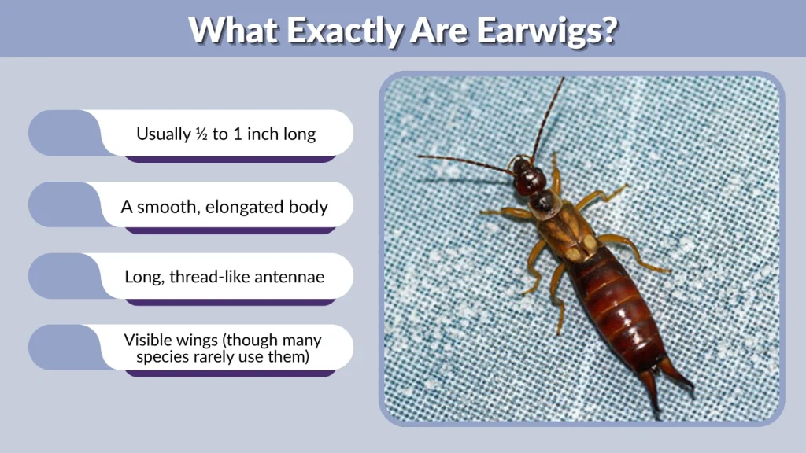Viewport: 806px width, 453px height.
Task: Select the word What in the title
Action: (x=234, y=30)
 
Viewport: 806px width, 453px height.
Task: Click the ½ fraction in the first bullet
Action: (x=202, y=134)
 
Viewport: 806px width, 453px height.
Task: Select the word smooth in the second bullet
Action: (x=168, y=208)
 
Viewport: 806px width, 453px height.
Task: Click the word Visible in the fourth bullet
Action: (x=149, y=341)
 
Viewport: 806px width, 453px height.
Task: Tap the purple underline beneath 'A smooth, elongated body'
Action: (x=231, y=230)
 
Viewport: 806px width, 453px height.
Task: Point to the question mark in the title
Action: (x=607, y=30)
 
